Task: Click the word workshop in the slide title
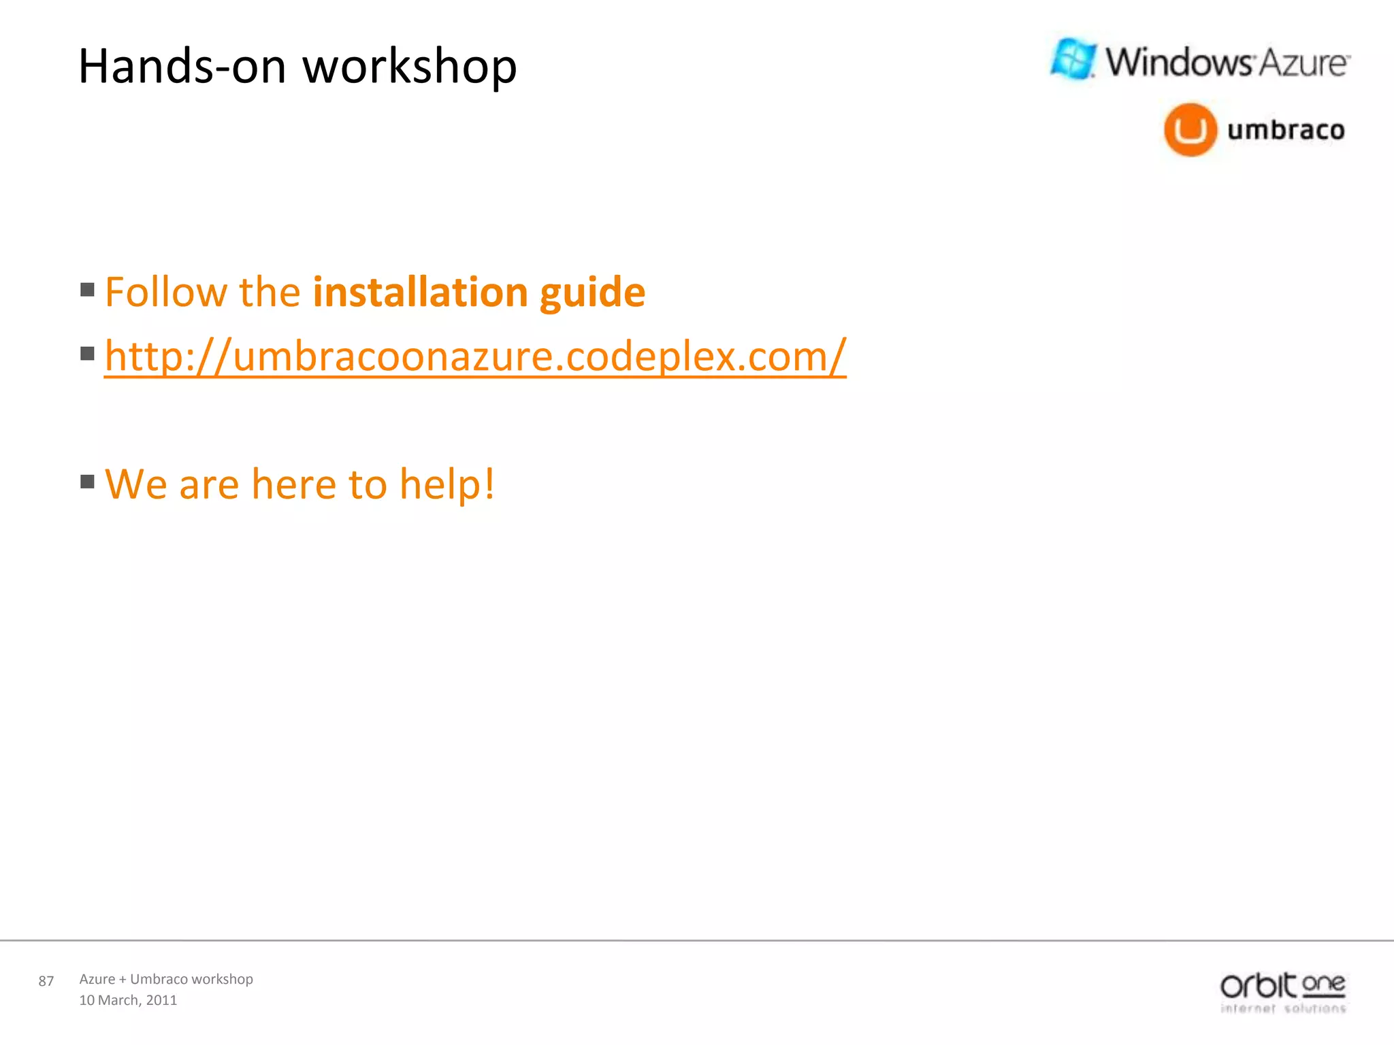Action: coord(409,67)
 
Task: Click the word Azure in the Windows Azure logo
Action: coord(1302,63)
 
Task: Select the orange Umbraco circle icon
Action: coord(1190,129)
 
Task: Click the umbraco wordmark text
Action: coord(1286,130)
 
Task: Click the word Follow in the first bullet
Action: coord(165,293)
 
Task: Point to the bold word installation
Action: coord(420,293)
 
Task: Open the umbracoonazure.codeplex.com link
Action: coord(474,356)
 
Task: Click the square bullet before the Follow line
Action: coord(87,291)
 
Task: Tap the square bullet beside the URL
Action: coord(87,354)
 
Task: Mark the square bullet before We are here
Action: coord(87,482)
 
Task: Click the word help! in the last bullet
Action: coord(447,484)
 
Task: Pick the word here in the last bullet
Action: coord(293,484)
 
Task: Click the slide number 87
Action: coord(46,981)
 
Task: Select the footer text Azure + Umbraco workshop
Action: coord(166,979)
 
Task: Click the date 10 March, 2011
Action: coord(128,1000)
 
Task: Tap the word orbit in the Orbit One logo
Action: coord(1258,986)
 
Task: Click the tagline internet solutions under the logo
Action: coord(1283,1008)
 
